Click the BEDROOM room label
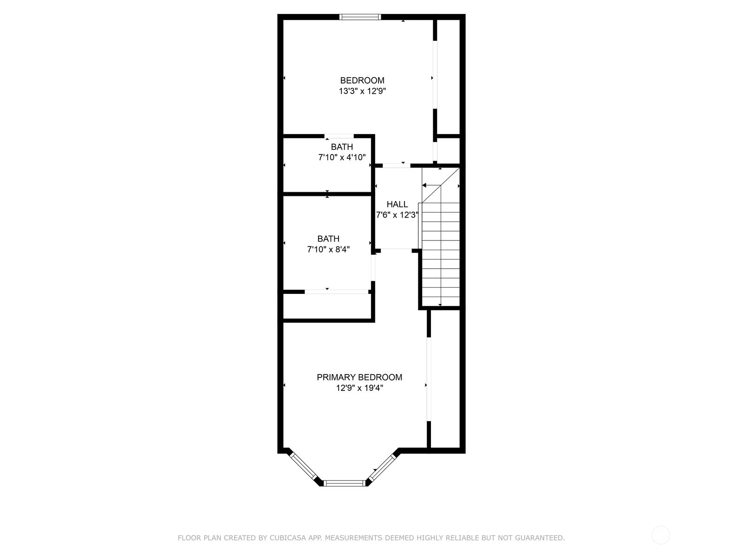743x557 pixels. pyautogui.click(x=362, y=80)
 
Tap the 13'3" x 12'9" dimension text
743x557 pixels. pyautogui.click(x=362, y=91)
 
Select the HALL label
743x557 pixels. pyautogui.click(x=397, y=204)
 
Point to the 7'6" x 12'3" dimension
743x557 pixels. pyautogui.click(x=397, y=215)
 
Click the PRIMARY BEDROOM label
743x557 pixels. pyautogui.click(x=359, y=377)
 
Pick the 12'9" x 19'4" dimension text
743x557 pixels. pyautogui.click(x=359, y=388)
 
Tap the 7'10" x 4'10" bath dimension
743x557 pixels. pyautogui.click(x=342, y=157)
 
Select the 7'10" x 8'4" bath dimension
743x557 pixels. pyautogui.click(x=328, y=249)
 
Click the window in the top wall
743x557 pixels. pyautogui.click(x=360, y=17)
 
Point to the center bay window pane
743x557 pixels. pyautogui.click(x=345, y=483)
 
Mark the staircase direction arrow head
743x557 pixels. pyautogui.click(x=424, y=185)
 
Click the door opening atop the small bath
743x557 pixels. pyautogui.click(x=339, y=136)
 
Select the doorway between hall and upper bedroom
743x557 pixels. pyautogui.click(x=397, y=165)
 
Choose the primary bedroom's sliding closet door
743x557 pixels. pyautogui.click(x=429, y=379)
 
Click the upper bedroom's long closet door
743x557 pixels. pyautogui.click(x=435, y=75)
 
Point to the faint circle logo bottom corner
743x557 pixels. pyautogui.click(x=661, y=535)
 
